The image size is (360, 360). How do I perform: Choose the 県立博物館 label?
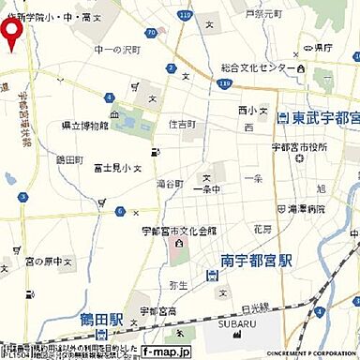85,125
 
